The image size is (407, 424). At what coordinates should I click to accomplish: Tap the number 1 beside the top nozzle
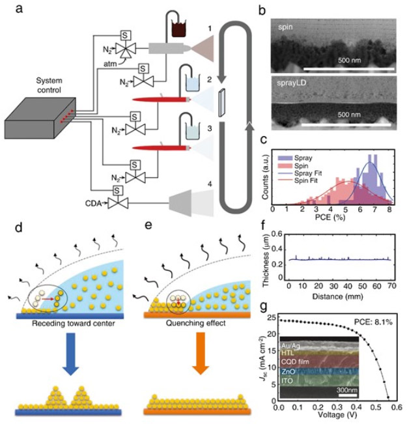210,29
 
